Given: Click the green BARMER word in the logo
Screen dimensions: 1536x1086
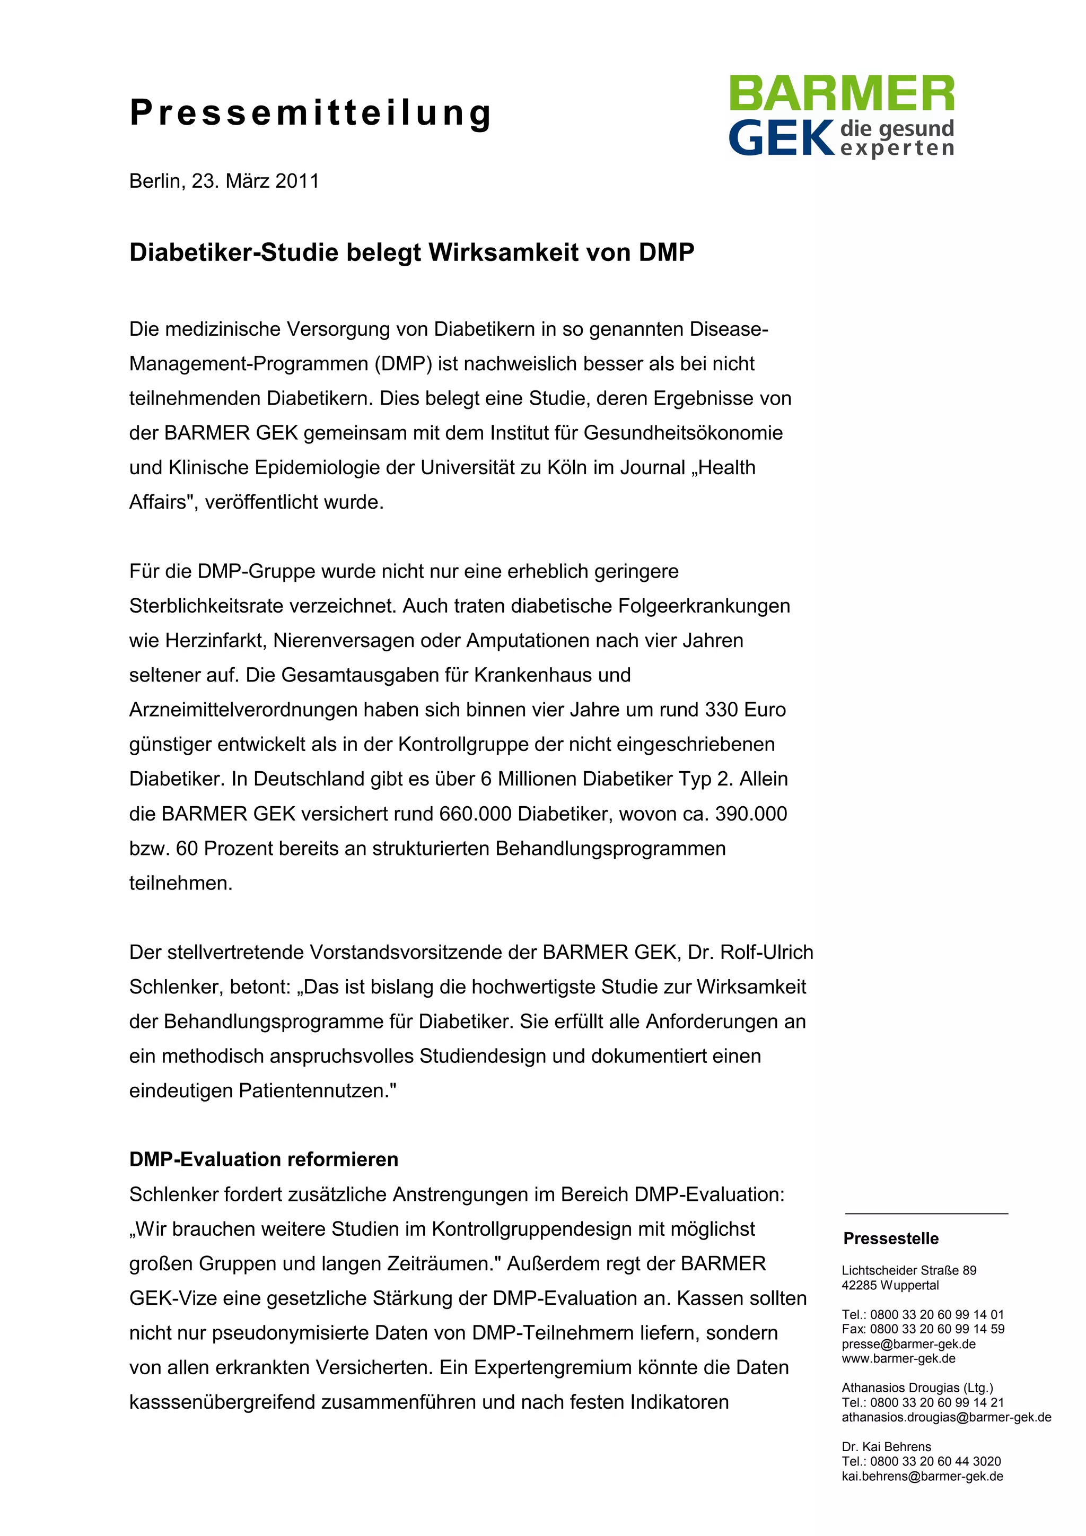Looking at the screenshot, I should point(841,94).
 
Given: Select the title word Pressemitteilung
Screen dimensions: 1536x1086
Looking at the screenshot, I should point(311,112).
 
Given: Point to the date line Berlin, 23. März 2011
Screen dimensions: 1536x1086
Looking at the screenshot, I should point(224,181).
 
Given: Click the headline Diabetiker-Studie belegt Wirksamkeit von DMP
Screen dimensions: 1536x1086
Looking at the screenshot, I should point(411,253).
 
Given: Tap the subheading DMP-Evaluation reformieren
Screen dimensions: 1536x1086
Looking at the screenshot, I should point(264,1159).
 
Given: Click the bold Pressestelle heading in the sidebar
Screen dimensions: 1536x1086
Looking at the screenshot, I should point(891,1238).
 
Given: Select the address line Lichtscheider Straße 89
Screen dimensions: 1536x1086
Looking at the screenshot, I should point(909,1270).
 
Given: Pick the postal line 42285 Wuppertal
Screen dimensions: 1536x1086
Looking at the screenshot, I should point(890,1285).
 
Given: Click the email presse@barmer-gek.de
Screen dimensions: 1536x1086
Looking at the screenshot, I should point(908,1344).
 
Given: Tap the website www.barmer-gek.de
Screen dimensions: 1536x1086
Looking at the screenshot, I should point(898,1359).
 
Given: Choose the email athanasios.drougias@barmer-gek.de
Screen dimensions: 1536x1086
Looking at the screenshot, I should point(946,1417).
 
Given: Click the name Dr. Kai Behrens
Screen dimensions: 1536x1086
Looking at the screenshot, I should point(886,1446).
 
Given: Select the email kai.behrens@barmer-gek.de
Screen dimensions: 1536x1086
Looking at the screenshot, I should point(922,1476).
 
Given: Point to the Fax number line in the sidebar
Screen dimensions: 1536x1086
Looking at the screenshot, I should point(923,1329).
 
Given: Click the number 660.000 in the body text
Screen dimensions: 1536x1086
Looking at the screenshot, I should point(476,814).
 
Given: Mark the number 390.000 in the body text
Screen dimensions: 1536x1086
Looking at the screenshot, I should point(751,814).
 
